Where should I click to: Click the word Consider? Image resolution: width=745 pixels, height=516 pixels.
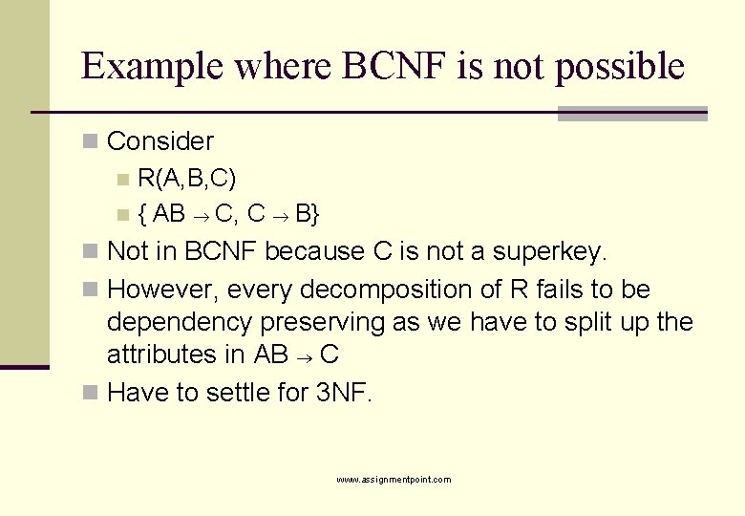(160, 141)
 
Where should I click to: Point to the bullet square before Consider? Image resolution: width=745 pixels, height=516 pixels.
(90, 141)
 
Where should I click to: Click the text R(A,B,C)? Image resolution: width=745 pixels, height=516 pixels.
(187, 178)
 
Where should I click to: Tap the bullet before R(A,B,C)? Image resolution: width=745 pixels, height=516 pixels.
(120, 179)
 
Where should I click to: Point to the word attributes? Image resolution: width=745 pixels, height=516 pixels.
(162, 355)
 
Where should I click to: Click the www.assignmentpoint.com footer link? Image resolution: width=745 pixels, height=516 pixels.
(394, 480)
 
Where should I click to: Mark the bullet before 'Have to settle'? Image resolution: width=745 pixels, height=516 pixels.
(90, 393)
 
